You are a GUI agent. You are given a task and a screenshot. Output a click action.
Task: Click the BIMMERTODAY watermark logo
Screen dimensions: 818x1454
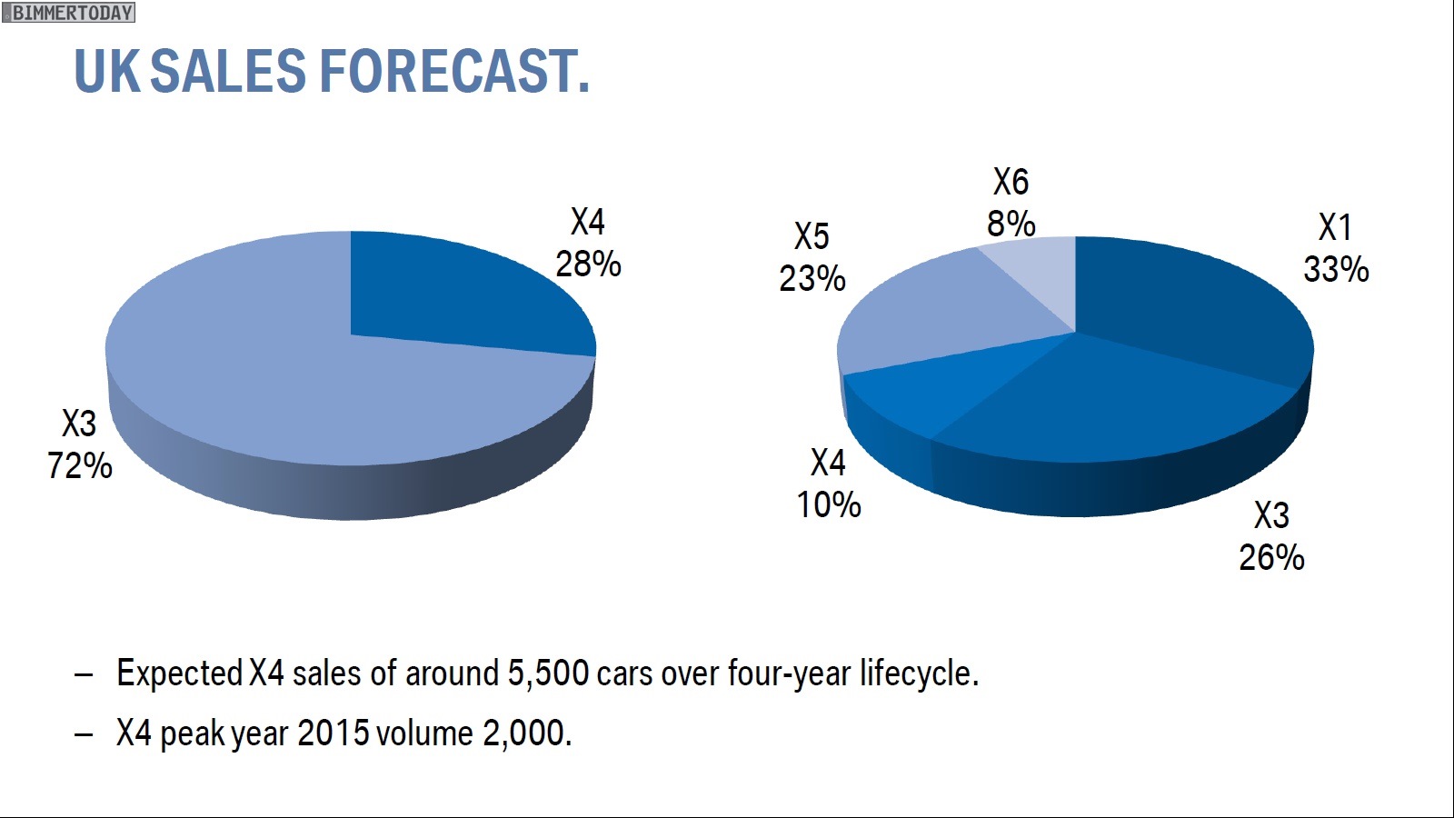[x=69, y=13]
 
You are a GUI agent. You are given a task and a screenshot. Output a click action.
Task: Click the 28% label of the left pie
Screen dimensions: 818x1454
[x=588, y=264]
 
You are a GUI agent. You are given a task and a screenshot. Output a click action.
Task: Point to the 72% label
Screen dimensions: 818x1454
[x=80, y=466]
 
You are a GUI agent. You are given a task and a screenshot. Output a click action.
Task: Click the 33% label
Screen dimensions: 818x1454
[x=1336, y=270]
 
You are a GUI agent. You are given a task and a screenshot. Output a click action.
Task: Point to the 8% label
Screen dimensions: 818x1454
[x=1011, y=224]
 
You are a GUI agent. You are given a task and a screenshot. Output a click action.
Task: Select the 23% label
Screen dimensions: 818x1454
[x=812, y=278]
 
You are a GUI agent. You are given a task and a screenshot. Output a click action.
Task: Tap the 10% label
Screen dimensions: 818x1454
[x=829, y=505]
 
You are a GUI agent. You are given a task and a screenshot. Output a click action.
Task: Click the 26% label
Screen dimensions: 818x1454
[x=1271, y=558]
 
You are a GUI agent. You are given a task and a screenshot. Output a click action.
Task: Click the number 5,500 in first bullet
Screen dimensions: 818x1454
[x=548, y=674]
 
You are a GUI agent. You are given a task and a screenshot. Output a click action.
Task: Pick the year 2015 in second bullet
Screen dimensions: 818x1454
[x=333, y=733]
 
